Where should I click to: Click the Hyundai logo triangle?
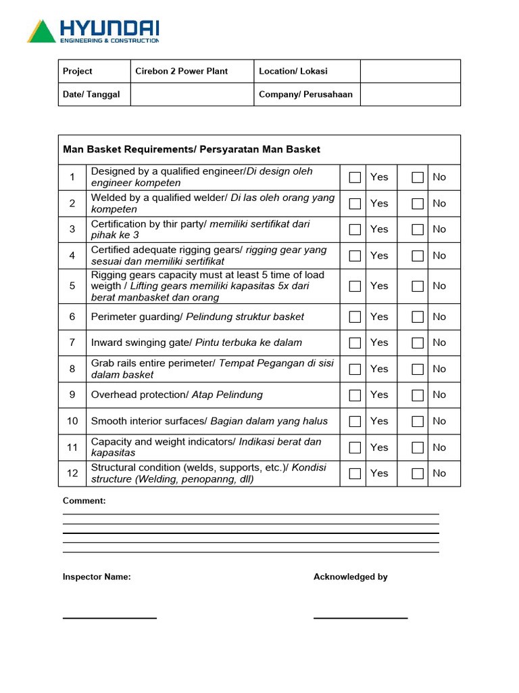41,32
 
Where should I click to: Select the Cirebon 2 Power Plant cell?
181,71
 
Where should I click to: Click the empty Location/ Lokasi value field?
410,71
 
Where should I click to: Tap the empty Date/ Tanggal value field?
192,95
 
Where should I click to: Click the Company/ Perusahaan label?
305,95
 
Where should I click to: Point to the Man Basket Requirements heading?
191,150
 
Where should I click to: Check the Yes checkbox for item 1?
355,177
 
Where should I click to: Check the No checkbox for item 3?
418,229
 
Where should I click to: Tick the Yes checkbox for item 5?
355,286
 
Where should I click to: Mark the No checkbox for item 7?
418,343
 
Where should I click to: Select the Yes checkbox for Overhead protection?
355,395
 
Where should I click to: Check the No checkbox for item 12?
418,474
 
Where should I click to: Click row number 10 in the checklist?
72,421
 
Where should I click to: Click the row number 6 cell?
72,317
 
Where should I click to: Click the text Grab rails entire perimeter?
153,363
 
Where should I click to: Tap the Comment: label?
84,501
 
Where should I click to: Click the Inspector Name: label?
97,577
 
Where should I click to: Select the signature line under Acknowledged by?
360,617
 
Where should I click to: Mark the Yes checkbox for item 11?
355,447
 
